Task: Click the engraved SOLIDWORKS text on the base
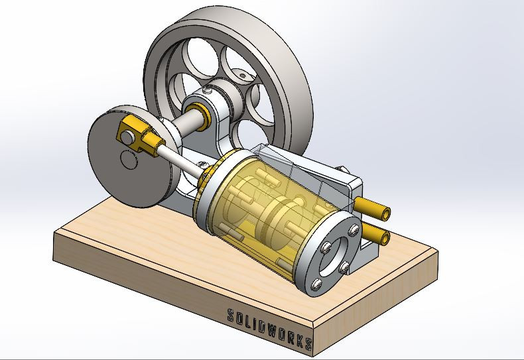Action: [x=270, y=329]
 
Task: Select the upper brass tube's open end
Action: [x=387, y=213]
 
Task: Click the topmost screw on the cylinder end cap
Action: [x=355, y=229]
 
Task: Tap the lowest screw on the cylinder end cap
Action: [x=316, y=284]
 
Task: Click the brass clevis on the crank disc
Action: [x=138, y=135]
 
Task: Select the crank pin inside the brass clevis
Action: [x=127, y=137]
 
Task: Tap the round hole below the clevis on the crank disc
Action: [x=129, y=160]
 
